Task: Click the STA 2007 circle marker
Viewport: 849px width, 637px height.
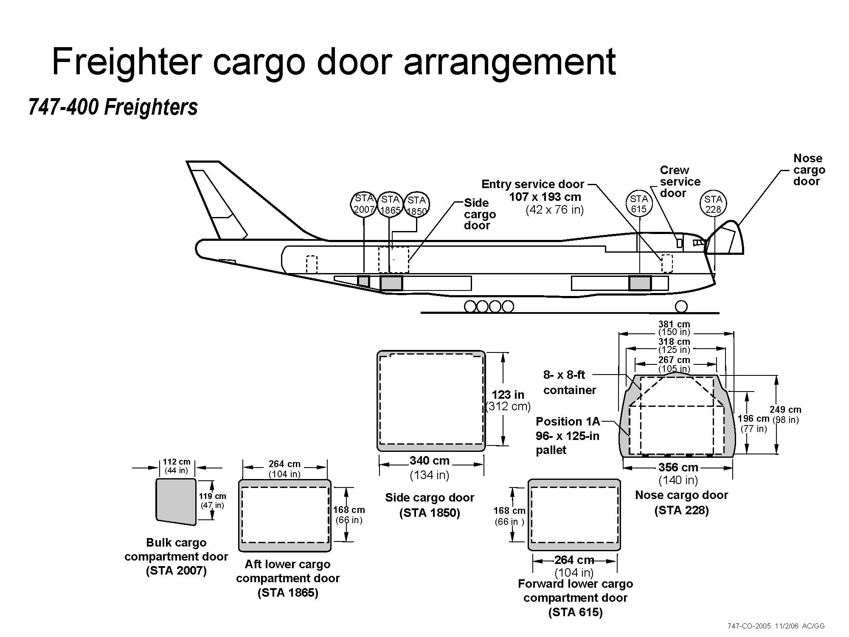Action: click(x=364, y=204)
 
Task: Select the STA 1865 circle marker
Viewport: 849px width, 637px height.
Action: click(x=390, y=205)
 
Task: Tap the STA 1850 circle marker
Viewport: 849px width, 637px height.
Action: click(x=416, y=206)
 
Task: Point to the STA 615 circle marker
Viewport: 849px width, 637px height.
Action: click(x=638, y=204)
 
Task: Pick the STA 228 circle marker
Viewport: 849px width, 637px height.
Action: click(x=713, y=204)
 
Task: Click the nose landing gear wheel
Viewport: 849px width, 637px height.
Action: click(x=681, y=307)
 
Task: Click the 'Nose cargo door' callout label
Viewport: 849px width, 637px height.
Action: click(x=809, y=170)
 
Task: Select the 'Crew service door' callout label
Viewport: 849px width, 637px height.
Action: click(x=680, y=182)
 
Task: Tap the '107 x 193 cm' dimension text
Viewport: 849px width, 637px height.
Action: click(x=545, y=197)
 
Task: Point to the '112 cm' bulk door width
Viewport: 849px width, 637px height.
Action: click(x=177, y=462)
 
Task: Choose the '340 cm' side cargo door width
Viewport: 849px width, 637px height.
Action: click(x=429, y=461)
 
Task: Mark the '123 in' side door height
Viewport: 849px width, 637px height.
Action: click(x=508, y=395)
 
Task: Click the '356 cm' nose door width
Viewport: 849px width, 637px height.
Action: click(x=678, y=468)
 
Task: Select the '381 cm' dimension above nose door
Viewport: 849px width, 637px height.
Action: click(x=674, y=324)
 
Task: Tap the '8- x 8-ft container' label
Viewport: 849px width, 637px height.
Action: click(x=569, y=382)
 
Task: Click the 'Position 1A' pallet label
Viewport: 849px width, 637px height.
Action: click(x=568, y=422)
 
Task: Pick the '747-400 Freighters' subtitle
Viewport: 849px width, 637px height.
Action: click(x=113, y=107)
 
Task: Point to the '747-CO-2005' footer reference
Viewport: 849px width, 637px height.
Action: click(x=748, y=626)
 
